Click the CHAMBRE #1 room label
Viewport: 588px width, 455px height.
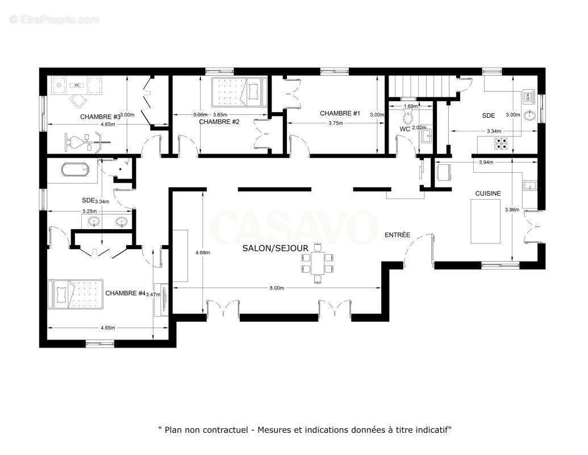click(340, 113)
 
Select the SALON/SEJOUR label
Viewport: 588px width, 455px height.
click(275, 248)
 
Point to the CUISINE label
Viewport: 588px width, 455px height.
click(488, 193)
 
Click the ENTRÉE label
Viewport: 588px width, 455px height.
click(397, 235)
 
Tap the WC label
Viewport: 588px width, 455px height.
click(405, 129)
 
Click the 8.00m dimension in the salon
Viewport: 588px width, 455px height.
click(276, 288)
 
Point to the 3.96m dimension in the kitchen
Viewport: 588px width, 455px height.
click(511, 209)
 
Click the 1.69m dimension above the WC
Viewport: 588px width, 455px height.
click(410, 106)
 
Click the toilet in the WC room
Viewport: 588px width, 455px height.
click(407, 117)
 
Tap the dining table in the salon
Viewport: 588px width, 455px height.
click(318, 262)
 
